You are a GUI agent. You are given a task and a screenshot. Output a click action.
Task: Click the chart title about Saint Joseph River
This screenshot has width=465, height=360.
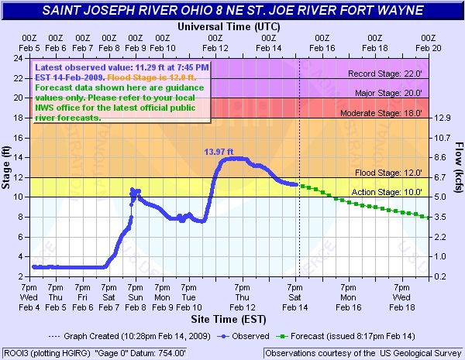click(x=232, y=11)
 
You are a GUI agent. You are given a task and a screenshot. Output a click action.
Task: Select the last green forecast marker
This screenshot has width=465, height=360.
click(x=428, y=217)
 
